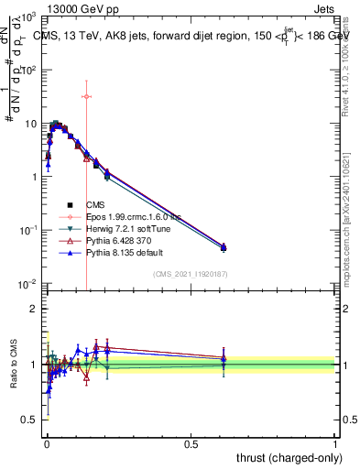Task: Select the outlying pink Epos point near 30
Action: click(x=86, y=96)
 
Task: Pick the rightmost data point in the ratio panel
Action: click(x=223, y=365)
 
